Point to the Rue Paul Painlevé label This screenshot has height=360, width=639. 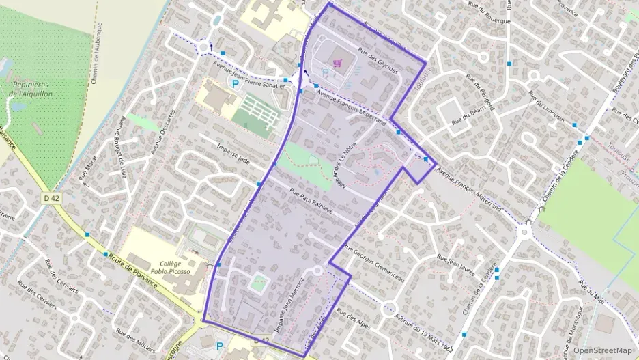coord(311,201)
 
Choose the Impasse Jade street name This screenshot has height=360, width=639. coord(233,153)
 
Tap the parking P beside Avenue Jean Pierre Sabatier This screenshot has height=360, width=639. coord(235,85)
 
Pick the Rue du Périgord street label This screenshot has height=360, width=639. coord(481,93)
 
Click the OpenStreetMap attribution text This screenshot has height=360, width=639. coord(602,350)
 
